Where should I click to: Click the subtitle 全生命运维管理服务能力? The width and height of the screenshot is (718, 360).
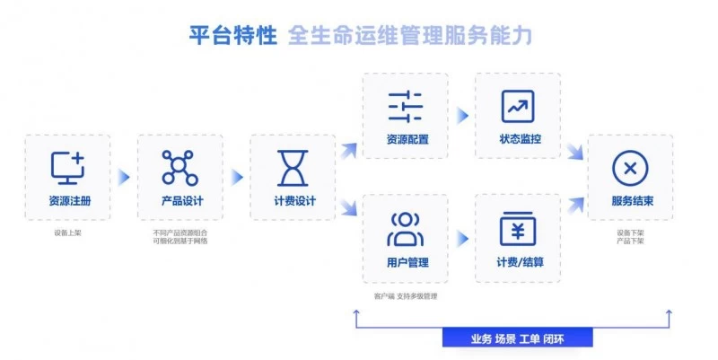tap(411, 36)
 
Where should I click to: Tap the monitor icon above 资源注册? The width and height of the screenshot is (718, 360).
tap(67, 167)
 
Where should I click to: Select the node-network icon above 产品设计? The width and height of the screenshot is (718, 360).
tap(179, 168)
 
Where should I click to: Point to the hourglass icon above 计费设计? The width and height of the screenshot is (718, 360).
tap(293, 168)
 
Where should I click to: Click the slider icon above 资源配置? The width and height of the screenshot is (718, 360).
tap(406, 107)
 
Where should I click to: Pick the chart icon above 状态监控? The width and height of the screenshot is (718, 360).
tap(518, 106)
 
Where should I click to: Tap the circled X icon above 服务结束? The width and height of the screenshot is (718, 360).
tap(630, 168)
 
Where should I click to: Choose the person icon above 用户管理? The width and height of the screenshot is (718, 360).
tap(406, 229)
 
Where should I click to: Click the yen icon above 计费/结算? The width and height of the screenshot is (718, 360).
tap(518, 228)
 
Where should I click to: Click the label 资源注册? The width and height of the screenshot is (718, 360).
tap(67, 200)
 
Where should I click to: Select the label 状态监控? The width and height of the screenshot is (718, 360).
tap(518, 139)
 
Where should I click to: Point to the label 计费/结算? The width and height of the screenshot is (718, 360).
tap(518, 262)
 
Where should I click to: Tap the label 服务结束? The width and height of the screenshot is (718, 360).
tap(630, 200)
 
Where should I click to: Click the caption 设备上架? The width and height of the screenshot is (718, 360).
tap(67, 233)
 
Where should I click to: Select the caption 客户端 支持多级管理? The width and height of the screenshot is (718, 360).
tap(406, 295)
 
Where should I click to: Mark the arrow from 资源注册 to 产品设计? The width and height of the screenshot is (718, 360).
tap(124, 178)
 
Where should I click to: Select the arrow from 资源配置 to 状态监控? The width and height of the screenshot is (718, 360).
tap(462, 116)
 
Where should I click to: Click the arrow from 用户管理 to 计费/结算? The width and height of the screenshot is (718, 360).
tap(462, 239)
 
